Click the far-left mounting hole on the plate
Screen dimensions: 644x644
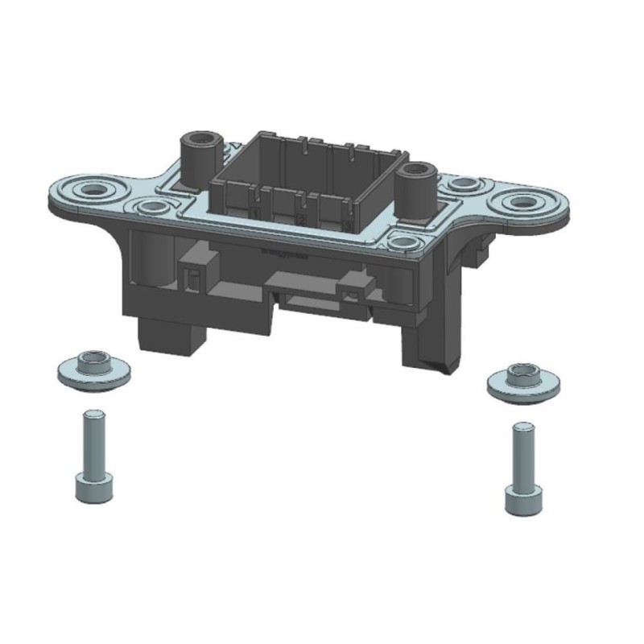[95, 191]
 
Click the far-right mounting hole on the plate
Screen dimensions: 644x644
[525, 201]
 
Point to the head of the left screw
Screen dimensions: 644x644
[93, 487]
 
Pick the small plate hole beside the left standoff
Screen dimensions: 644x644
[152, 208]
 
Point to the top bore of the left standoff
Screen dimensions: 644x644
[199, 137]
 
